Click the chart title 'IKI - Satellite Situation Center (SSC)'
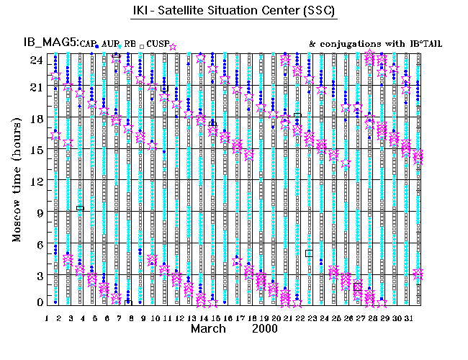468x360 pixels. pyautogui.click(x=235, y=12)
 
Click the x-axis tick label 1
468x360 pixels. pyautogui.click(x=47, y=318)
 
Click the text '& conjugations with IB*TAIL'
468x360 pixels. pyautogui.click(x=375, y=44)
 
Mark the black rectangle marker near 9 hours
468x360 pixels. pyautogui.click(x=80, y=208)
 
